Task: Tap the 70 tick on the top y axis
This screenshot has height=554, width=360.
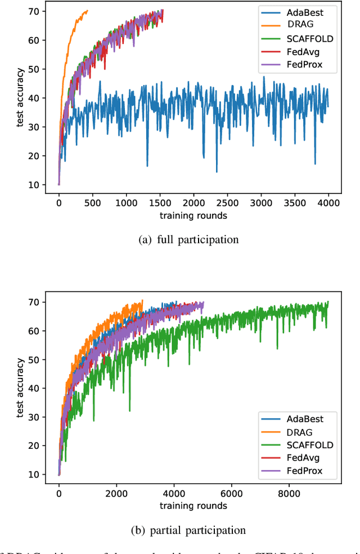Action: pos(35,11)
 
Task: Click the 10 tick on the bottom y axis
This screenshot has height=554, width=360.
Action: pos(35,475)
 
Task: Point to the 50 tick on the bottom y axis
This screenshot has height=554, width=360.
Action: pos(35,359)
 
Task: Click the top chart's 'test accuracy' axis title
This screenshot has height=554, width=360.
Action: pos(20,98)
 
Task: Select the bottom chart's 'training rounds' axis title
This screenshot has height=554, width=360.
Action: pos(193,505)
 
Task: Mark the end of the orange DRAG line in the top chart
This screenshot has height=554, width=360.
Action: pos(87,11)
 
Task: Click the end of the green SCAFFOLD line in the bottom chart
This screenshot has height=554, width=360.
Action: pos(328,302)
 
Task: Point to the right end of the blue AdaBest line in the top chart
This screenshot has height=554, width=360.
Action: pos(328,107)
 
